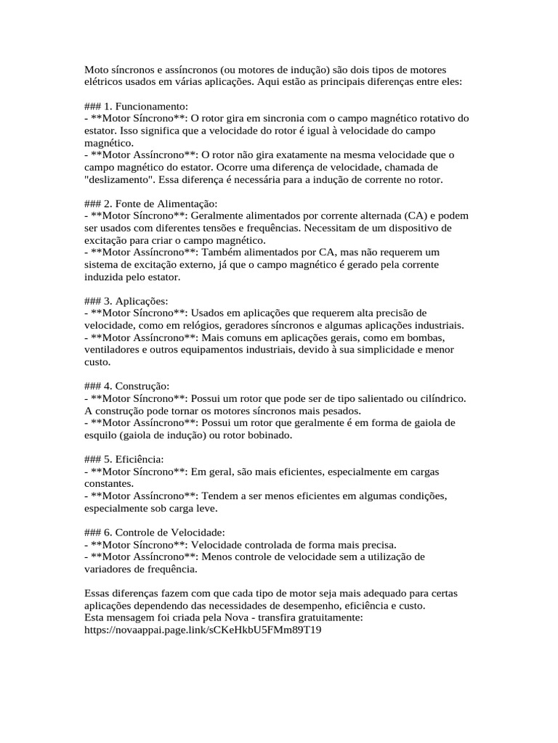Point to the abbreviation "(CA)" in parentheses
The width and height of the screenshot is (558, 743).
pyautogui.click(x=411, y=216)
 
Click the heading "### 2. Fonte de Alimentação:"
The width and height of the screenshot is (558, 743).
pyautogui.click(x=151, y=204)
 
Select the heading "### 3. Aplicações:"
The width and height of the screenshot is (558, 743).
pyautogui.click(x=126, y=301)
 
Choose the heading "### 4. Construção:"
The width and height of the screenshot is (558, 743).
pyautogui.click(x=127, y=387)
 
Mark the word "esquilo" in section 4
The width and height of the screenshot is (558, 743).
pyautogui.click(x=102, y=436)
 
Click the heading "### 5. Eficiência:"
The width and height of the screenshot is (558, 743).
pyautogui.click(x=124, y=460)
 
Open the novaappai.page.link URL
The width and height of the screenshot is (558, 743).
pyautogui.click(x=203, y=631)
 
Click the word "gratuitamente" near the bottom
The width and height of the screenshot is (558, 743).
pyautogui.click(x=327, y=618)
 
